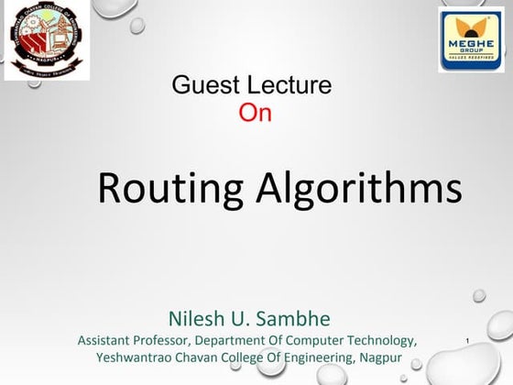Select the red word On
tap(255, 113)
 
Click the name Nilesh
tap(197, 319)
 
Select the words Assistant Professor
tap(133, 340)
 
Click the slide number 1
tap(468, 343)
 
